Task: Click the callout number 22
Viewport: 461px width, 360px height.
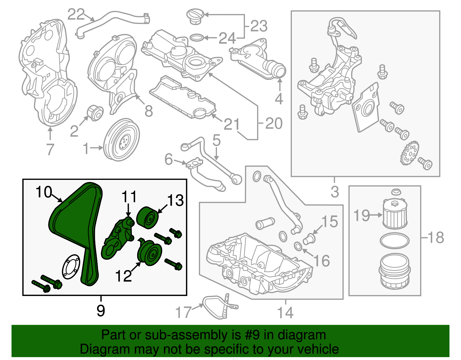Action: coord(76,14)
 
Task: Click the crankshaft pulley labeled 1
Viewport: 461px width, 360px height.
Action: coord(121,140)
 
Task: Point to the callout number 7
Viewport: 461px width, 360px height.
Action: coord(50,149)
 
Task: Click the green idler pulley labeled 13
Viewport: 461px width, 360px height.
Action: coord(148,218)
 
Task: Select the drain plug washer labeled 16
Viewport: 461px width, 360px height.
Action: coord(298,246)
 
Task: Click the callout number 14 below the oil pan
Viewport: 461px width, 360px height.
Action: coord(285,312)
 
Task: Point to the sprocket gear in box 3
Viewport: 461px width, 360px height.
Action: coord(409,155)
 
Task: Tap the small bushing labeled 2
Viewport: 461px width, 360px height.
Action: coord(95,112)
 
